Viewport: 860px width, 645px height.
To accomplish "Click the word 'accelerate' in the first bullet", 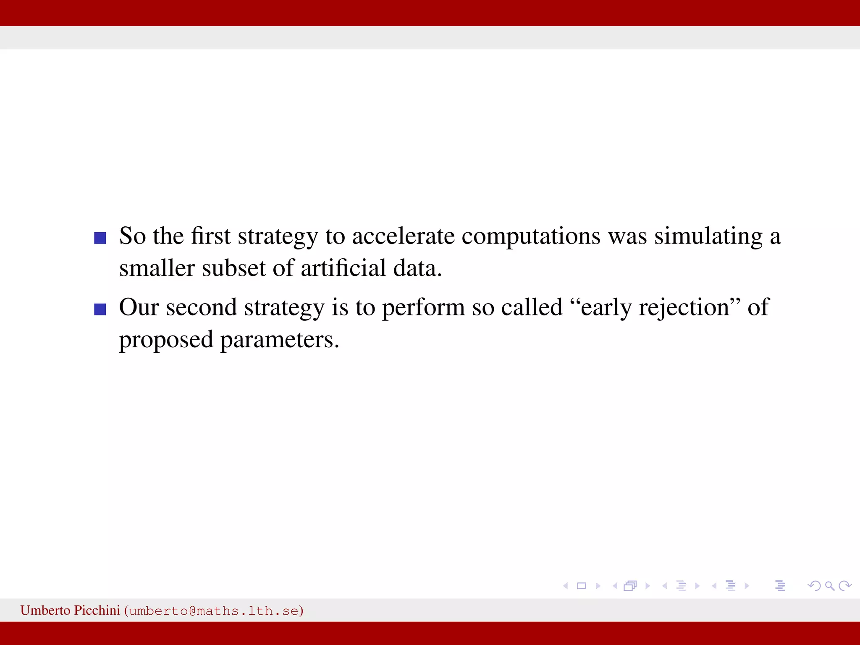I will pyautogui.click(x=403, y=236).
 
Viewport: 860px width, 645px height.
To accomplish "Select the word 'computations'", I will pyautogui.click(x=531, y=237).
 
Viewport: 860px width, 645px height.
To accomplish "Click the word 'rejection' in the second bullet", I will pyautogui.click(x=684, y=308).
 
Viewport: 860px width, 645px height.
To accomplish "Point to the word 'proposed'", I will pyautogui.click(x=166, y=341).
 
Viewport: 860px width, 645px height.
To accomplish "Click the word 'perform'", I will pyautogui.click(x=423, y=308).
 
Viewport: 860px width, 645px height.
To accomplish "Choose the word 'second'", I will pyautogui.click(x=202, y=307).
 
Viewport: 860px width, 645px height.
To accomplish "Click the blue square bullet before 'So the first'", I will pyautogui.click(x=100, y=238).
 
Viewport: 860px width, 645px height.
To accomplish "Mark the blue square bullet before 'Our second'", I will pyautogui.click(x=100, y=309).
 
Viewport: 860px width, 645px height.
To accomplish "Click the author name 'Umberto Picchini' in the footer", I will pyautogui.click(x=70, y=610).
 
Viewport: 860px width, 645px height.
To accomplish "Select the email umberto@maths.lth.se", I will pyautogui.click(x=214, y=611).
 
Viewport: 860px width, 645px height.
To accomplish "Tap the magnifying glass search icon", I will pyautogui.click(x=829, y=586).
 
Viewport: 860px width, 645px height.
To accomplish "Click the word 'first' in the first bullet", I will pyautogui.click(x=210, y=236).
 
